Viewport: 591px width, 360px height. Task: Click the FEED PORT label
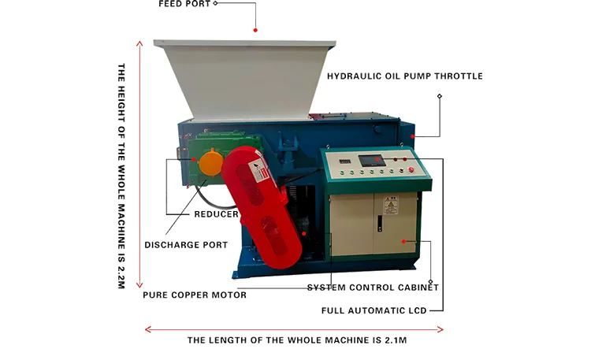point(184,4)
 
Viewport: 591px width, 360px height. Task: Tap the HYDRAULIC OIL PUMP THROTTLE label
point(405,76)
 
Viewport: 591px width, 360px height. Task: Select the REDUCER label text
point(216,213)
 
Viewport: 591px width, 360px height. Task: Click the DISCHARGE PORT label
point(186,245)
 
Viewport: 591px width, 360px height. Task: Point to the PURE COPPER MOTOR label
point(195,295)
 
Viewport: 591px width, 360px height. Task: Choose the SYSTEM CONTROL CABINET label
point(373,288)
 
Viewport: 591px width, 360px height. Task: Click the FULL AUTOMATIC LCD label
point(374,311)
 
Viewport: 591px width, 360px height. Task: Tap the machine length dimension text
point(296,341)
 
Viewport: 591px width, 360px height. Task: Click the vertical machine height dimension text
point(121,176)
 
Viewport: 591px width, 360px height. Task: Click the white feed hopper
point(244,79)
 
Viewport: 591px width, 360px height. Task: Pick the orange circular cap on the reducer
point(210,164)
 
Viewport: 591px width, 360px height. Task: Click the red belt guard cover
point(263,213)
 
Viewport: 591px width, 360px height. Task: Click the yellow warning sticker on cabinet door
point(388,206)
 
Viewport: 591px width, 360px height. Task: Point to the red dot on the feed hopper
point(255,30)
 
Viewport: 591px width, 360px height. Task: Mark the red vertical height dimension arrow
point(140,163)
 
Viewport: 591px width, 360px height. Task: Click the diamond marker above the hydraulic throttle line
point(439,97)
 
